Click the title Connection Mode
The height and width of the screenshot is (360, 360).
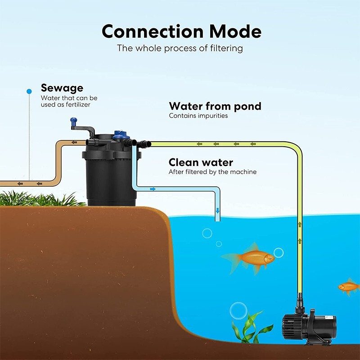pos(181,31)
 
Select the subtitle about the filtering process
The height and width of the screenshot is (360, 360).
pos(180,48)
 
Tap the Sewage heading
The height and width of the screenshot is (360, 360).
pos(62,88)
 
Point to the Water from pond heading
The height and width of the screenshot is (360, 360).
pos(215,106)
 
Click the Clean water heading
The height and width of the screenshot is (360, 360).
pos(200,162)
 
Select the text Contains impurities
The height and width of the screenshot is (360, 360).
pos(198,116)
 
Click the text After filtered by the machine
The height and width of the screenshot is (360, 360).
pos(212,172)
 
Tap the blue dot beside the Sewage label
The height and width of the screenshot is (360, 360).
pos(29,91)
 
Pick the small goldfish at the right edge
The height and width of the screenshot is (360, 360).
pos(349,286)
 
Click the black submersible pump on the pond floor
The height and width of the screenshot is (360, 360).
pos(310,324)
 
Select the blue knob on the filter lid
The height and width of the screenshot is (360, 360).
pos(121,133)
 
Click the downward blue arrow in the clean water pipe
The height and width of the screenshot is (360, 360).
pos(218,210)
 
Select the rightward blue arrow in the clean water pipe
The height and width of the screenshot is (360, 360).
pos(153,189)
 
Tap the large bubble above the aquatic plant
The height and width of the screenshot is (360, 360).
pos(238,310)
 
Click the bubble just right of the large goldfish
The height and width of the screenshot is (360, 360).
pos(279,252)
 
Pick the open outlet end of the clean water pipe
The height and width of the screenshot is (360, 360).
pos(218,220)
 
